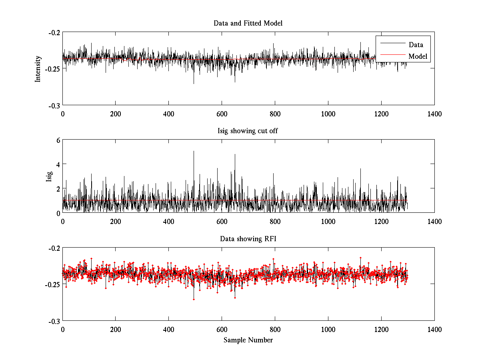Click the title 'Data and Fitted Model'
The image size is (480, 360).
coord(248,23)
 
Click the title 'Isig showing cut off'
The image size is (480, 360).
coord(248,131)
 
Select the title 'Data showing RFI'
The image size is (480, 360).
coord(248,239)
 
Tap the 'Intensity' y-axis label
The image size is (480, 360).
coord(38,68)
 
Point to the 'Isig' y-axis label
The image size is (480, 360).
coord(49,176)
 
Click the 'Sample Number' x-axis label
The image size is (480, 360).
coord(248,340)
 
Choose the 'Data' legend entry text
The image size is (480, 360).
coord(416,45)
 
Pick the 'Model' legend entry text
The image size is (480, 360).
coord(418,56)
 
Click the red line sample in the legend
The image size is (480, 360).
coord(392,56)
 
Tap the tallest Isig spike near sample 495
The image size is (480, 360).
coord(194,151)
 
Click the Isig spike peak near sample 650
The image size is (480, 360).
coord(235,154)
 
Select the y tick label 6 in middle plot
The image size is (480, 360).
coord(58,140)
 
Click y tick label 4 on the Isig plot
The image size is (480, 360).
coord(58,164)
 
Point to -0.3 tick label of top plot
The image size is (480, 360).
coord(55,105)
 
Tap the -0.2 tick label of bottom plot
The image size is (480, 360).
coord(55,248)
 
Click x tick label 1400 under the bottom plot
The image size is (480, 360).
coord(434,330)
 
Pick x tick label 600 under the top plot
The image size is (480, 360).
coord(222,114)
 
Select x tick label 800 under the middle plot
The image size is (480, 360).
coord(275,222)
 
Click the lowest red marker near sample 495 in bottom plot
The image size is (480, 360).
coord(194,299)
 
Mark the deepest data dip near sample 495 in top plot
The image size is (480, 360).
coord(194,84)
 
